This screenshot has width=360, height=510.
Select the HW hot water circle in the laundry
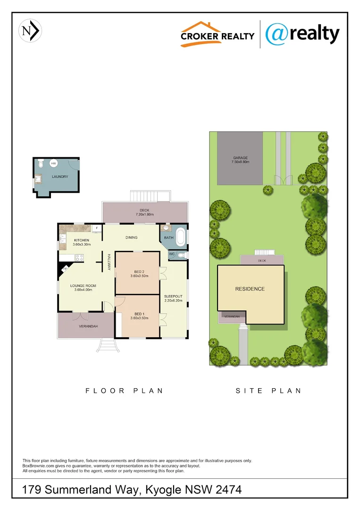pyautogui.click(x=54, y=163)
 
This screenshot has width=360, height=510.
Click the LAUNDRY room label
pyautogui.click(x=60, y=177)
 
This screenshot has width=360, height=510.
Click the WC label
pyautogui.click(x=172, y=255)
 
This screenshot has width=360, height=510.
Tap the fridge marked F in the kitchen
pyautogui.click(x=97, y=229)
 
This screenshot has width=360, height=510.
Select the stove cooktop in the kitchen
pyautogui.click(x=79, y=258)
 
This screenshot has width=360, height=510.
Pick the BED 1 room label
pyautogui.click(x=139, y=314)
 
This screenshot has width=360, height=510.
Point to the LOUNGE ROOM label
pyautogui.click(x=83, y=285)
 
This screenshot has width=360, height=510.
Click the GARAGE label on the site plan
pyautogui.click(x=240, y=158)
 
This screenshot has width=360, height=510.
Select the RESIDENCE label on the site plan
pyautogui.click(x=250, y=289)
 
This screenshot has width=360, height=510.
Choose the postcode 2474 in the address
pyautogui.click(x=228, y=490)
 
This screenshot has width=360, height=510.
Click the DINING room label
pyautogui.click(x=131, y=237)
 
